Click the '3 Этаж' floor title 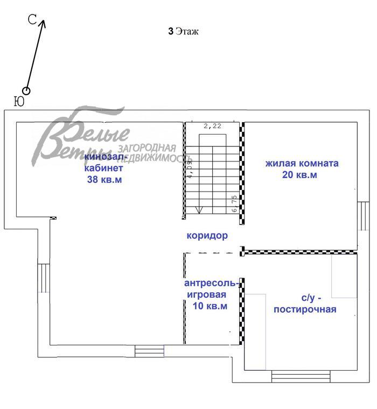[184, 31]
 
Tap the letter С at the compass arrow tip [32, 20]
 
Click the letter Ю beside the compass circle [18, 101]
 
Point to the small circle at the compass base [26, 91]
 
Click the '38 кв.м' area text [104, 180]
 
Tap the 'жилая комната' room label [302, 163]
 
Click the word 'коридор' [207, 235]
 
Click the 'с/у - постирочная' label [305, 303]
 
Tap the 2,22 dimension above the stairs [213, 125]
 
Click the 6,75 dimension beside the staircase [234, 203]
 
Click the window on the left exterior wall [43, 277]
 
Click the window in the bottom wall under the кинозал [149, 351]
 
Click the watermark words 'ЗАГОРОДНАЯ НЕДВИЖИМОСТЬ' [147, 153]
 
